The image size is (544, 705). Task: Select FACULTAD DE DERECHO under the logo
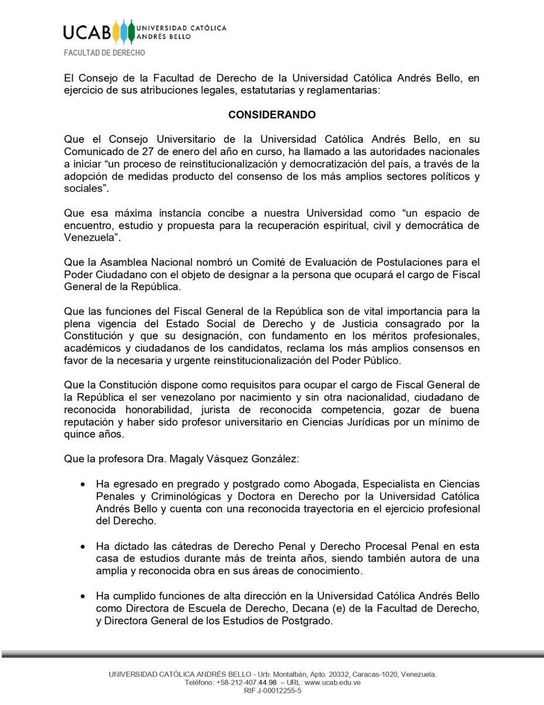pos(105,52)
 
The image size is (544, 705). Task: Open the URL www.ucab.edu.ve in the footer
pos(332,683)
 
